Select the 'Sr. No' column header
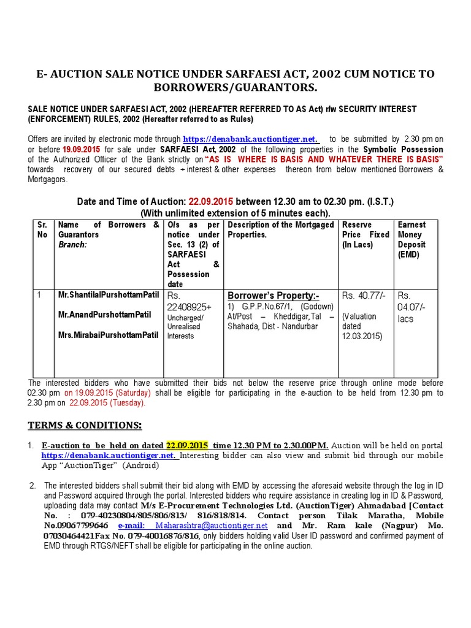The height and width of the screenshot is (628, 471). [x=42, y=229]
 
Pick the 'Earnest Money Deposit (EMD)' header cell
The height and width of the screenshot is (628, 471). [x=412, y=239]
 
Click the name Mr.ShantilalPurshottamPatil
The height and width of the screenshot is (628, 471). [x=105, y=295]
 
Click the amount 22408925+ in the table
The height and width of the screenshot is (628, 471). [x=191, y=307]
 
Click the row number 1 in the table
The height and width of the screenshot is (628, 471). [x=39, y=295]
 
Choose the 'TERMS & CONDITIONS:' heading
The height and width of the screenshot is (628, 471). [x=85, y=425]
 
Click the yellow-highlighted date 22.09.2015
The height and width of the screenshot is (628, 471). [x=187, y=445]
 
